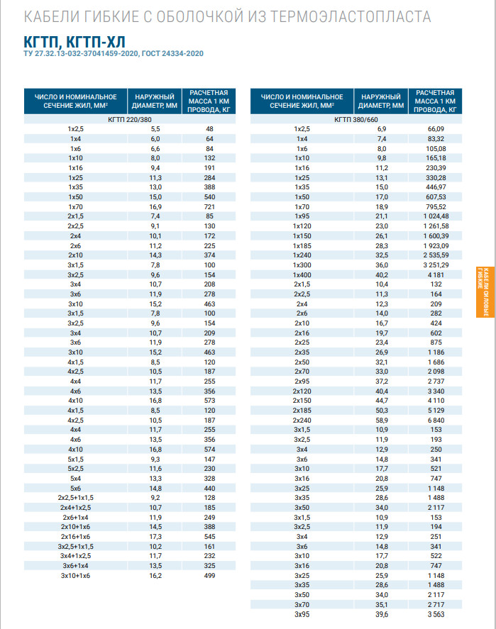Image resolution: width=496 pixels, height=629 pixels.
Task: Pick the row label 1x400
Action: pyautogui.click(x=302, y=274)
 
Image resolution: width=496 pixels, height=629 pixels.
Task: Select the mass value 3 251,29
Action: pyautogui.click(x=435, y=265)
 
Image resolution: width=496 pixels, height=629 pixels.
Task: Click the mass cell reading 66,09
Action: pyautogui.click(x=435, y=129)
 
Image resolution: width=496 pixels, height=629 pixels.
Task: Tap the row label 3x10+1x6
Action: pyautogui.click(x=75, y=576)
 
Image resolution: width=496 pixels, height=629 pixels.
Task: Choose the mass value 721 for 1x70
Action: pyautogui.click(x=209, y=206)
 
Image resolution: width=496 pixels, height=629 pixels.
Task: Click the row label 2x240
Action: pyautogui.click(x=302, y=420)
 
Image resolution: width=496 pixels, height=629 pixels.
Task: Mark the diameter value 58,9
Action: pyautogui.click(x=382, y=420)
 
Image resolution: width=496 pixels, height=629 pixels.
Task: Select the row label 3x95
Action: pyautogui.click(x=302, y=614)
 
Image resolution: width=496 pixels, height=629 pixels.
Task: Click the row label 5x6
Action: pyautogui.click(x=75, y=489)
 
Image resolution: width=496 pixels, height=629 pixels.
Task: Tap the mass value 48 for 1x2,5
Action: pyautogui.click(x=209, y=129)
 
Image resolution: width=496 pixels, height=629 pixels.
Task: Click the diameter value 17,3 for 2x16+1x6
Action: pyautogui.click(x=155, y=537)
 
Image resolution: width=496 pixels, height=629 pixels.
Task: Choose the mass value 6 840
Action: pyautogui.click(x=435, y=420)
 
